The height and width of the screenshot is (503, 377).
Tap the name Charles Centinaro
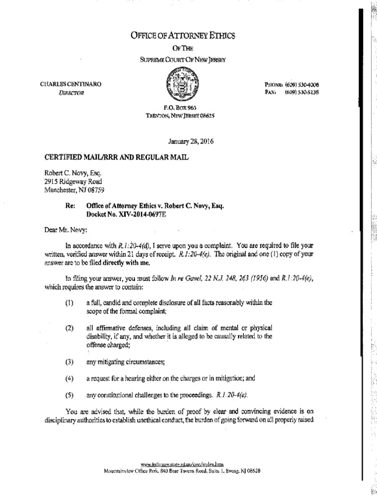71,84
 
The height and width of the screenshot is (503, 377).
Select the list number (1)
69,304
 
